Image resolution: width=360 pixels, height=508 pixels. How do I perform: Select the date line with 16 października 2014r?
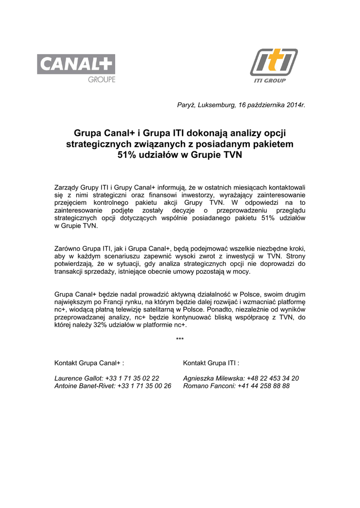click(241, 105)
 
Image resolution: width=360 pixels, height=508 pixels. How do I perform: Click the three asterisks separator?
click(180, 339)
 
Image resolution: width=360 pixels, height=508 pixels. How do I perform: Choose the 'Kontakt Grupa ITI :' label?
click(211, 363)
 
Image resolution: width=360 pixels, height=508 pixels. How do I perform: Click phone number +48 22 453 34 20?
click(273, 378)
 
